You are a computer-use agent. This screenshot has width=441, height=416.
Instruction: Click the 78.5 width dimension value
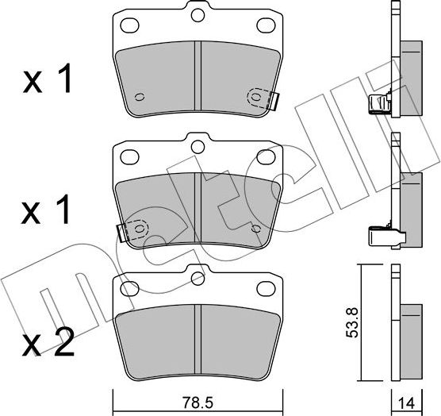197,403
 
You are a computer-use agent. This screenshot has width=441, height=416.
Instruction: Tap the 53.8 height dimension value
351,322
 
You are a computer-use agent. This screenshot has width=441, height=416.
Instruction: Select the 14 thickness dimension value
407,404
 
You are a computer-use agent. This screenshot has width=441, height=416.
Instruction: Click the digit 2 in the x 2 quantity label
64,342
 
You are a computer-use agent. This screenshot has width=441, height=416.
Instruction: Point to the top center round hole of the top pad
197,15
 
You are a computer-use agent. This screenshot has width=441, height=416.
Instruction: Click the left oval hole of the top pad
129,25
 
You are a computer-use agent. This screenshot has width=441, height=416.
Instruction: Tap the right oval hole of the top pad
266,25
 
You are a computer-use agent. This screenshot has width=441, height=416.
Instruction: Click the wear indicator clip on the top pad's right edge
273,101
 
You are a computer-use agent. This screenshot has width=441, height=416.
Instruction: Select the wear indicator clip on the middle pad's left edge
122,233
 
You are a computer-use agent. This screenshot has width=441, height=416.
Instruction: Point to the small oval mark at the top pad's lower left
140,97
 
